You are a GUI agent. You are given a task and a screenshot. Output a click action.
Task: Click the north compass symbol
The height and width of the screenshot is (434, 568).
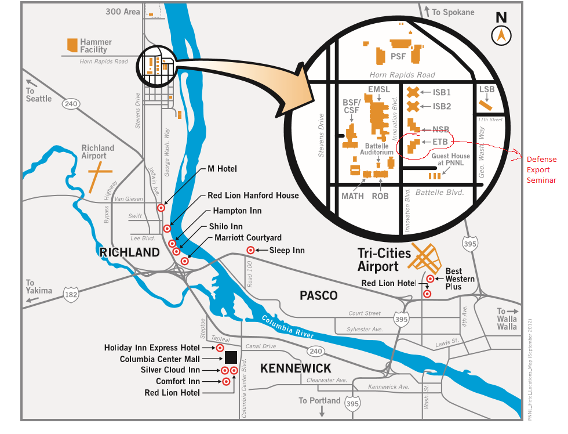coord(501,36)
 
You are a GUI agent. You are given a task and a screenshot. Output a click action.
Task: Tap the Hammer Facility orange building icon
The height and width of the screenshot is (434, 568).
coord(72,45)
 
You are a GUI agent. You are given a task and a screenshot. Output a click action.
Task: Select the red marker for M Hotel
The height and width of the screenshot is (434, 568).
coord(161,207)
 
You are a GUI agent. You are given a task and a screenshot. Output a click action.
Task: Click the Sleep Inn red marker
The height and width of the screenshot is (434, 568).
coord(250,250)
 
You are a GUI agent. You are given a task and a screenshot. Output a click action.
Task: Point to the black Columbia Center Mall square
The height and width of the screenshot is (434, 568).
coord(231,357)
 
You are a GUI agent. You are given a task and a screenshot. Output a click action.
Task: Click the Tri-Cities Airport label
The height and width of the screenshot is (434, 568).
coord(384,260)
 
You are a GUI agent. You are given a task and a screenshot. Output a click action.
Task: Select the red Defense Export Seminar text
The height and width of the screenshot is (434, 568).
coord(541,170)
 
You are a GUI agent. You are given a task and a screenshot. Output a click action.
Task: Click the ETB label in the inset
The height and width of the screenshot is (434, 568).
coord(439,141)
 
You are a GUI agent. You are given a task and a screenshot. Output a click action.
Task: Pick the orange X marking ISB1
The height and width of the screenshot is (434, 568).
coord(413,92)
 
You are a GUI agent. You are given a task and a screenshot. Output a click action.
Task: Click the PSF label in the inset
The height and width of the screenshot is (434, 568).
coord(398,57)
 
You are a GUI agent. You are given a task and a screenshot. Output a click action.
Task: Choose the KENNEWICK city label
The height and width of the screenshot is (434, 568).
coord(296,368)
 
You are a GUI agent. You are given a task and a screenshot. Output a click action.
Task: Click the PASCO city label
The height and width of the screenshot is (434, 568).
coord(318,295)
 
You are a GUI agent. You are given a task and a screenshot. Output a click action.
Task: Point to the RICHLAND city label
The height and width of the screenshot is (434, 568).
coord(129,252)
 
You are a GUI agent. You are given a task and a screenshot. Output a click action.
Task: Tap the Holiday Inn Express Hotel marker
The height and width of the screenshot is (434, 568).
coord(220,348)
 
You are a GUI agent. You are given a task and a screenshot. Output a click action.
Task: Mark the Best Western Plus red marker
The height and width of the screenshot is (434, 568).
coord(431,279)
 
